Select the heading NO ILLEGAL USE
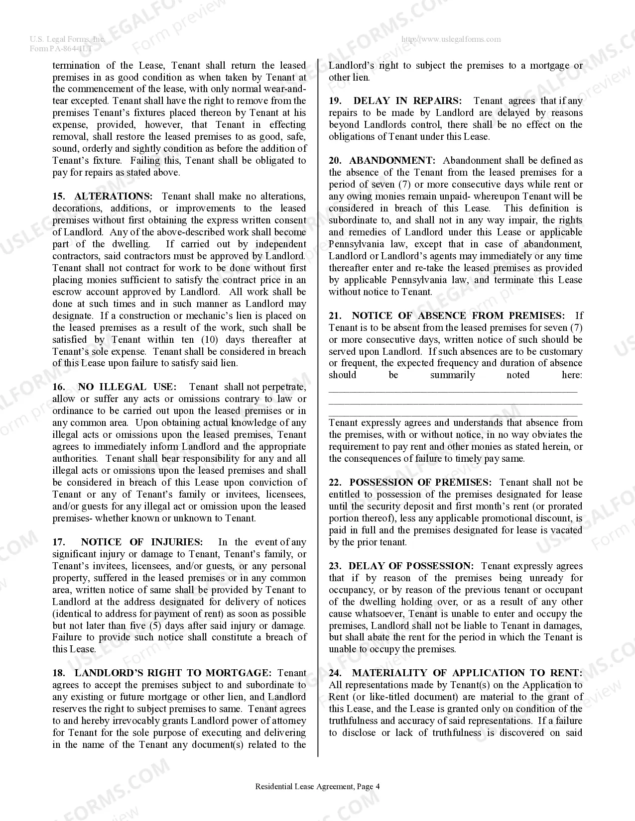click(127, 387)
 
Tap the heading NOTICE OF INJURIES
click(141, 542)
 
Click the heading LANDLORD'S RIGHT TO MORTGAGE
click(173, 673)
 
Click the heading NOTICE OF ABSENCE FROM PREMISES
click(458, 316)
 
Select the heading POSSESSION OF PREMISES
click(420, 483)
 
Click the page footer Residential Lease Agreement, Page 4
click(317, 787)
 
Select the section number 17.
click(59, 542)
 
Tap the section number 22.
click(335, 483)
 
